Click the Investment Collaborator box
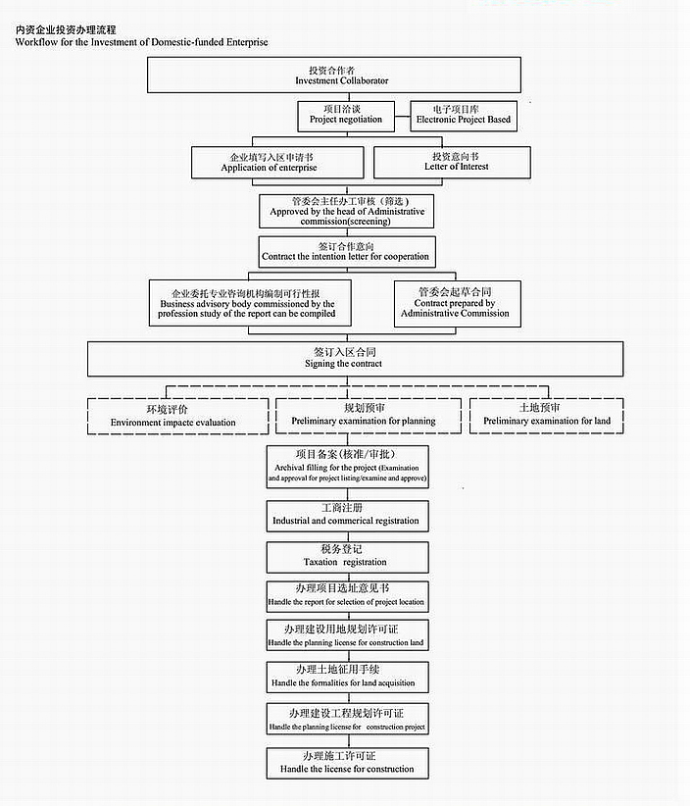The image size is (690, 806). coord(334,75)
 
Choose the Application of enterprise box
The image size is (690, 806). coord(268,162)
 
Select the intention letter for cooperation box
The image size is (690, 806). coord(346,251)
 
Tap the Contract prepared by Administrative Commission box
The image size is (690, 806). coord(455,304)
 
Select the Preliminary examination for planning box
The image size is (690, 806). coord(363,415)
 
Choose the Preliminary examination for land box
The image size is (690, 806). coord(546,415)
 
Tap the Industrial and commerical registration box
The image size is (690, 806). coord(347,515)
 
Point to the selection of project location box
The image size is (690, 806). coord(347,595)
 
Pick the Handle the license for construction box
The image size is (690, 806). coord(347,763)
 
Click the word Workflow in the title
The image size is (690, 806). coord(35,42)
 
